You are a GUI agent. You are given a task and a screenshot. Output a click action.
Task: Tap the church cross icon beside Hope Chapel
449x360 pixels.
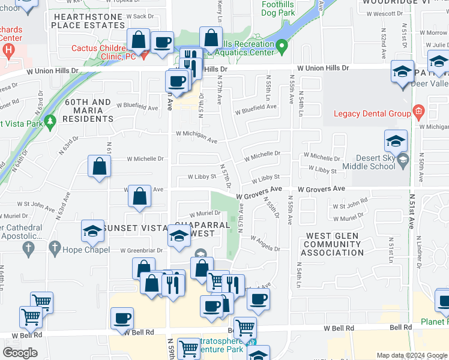tap(55, 247)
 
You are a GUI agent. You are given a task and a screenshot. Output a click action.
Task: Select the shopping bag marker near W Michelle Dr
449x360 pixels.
tap(99, 166)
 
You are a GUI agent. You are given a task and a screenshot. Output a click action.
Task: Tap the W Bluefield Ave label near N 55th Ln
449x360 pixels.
tap(256, 107)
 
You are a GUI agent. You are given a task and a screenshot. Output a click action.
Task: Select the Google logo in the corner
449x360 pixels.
tap(20, 353)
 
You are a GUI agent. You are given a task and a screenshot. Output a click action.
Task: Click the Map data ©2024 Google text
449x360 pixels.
tap(411, 355)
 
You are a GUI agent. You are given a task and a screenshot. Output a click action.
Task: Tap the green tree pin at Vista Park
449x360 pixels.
tap(50, 121)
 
